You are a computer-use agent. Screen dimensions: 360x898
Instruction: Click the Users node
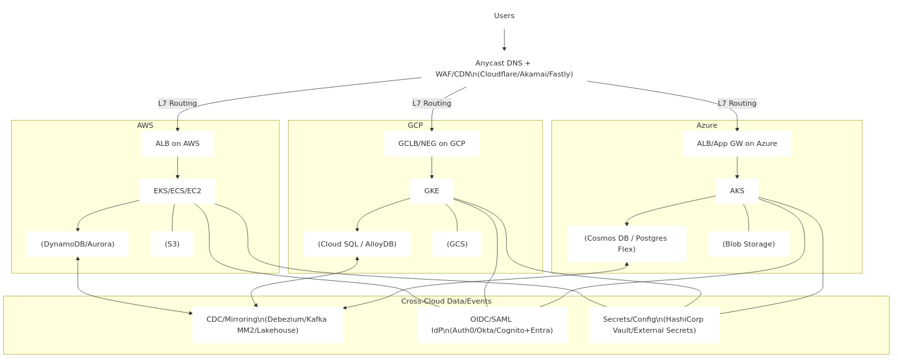(504, 16)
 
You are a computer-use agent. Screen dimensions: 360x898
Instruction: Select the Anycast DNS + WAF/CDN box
(504, 68)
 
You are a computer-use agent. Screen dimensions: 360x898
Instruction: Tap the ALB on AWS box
(177, 143)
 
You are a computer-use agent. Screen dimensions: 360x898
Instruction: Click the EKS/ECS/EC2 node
(177, 191)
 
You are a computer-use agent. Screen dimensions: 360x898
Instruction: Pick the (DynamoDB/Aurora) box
(78, 244)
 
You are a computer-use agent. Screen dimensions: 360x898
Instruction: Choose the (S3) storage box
(172, 244)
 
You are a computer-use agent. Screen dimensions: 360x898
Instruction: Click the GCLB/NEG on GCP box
(431, 143)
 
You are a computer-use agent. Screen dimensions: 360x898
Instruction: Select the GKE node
(431, 191)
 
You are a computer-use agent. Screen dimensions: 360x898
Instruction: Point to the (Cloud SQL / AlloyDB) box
(357, 244)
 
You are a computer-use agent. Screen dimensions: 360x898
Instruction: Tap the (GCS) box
(457, 244)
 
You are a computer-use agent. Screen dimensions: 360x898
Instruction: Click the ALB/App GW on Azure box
(736, 143)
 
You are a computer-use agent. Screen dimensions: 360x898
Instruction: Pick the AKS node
(737, 191)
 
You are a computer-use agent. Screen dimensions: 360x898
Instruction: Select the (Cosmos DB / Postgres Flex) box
(626, 243)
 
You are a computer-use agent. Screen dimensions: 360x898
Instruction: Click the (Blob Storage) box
(748, 244)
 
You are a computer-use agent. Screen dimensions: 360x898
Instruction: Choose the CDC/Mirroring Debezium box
(267, 324)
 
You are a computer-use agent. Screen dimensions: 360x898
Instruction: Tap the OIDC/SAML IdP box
(492, 324)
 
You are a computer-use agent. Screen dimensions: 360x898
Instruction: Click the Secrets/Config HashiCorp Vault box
(653, 324)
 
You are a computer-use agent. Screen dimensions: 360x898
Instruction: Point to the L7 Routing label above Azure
(737, 103)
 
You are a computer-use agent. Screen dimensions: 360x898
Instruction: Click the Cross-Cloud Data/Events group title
(446, 301)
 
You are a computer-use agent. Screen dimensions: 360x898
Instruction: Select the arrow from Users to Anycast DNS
(504, 40)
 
